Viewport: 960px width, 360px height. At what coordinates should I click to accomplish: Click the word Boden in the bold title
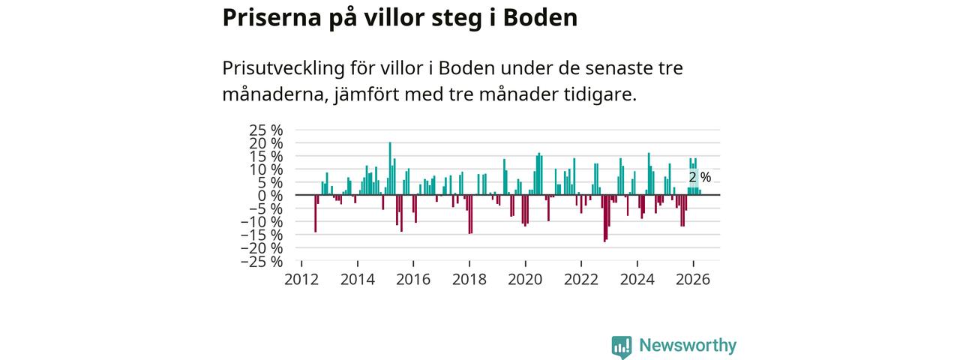(x=540, y=18)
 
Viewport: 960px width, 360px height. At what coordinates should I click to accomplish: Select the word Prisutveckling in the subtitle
(x=283, y=68)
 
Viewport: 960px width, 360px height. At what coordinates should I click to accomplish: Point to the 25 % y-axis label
(x=265, y=130)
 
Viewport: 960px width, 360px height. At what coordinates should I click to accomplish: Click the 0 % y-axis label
(x=271, y=196)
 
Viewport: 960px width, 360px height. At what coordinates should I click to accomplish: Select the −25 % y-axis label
(x=262, y=262)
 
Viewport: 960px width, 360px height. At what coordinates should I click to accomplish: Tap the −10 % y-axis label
(x=262, y=222)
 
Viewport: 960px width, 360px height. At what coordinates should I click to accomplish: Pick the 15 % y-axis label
(x=265, y=156)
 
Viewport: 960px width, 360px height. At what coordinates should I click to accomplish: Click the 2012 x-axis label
(x=301, y=280)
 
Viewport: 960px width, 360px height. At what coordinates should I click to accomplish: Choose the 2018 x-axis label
(x=469, y=280)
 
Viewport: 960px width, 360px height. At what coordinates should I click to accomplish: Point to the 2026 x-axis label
(x=693, y=280)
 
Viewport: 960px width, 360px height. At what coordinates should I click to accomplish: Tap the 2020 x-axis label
(x=526, y=280)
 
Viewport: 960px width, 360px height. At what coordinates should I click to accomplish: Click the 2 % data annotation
(x=700, y=177)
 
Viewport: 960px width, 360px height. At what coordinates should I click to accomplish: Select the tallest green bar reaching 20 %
(x=390, y=169)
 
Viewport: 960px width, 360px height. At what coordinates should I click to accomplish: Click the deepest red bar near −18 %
(x=604, y=218)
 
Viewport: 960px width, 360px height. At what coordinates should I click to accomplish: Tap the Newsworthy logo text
(x=688, y=345)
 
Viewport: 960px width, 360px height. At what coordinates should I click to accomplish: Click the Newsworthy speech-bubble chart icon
(x=622, y=346)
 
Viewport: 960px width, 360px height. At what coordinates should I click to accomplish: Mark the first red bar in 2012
(x=316, y=214)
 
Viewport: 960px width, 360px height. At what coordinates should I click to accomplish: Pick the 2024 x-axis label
(x=637, y=280)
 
